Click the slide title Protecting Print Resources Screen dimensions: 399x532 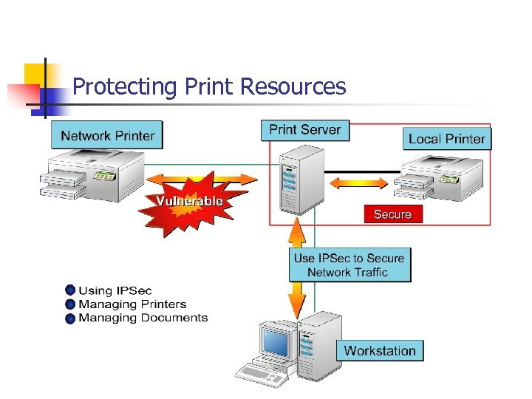point(209,87)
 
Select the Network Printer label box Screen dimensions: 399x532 point(107,135)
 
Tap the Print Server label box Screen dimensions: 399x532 point(304,130)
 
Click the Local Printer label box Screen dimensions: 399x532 point(446,139)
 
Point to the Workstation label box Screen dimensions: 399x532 point(380,350)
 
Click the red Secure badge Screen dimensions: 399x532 point(392,214)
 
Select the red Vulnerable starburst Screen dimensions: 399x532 point(188,202)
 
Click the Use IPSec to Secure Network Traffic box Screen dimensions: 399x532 point(349,265)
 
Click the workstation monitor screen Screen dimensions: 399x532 point(276,342)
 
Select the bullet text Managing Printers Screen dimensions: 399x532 point(132,304)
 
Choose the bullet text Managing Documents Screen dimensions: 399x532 point(143,318)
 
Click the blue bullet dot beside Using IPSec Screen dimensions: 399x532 point(70,290)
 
